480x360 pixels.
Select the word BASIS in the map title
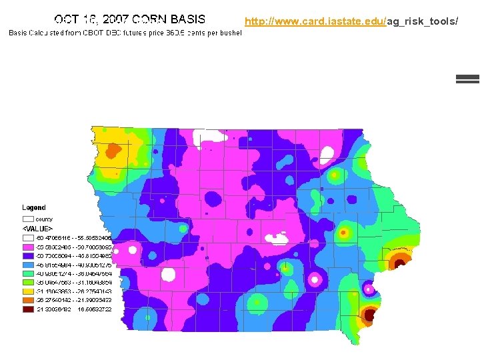tap(188, 20)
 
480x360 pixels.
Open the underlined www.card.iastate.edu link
tap(315, 21)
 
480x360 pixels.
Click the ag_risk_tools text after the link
tap(423, 21)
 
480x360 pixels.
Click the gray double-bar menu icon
tap(467, 78)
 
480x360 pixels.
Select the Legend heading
tap(34, 208)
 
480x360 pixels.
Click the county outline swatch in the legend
tap(28, 219)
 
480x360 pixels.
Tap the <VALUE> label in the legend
tap(37, 228)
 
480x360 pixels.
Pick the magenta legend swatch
tap(28, 246)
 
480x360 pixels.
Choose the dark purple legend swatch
tap(28, 255)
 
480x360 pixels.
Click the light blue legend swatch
tap(28, 264)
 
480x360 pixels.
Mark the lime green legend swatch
tap(28, 282)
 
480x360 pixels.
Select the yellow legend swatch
tap(28, 291)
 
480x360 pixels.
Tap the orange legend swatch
tap(28, 300)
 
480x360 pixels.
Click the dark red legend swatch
tap(28, 309)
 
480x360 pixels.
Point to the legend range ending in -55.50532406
tap(73, 237)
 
